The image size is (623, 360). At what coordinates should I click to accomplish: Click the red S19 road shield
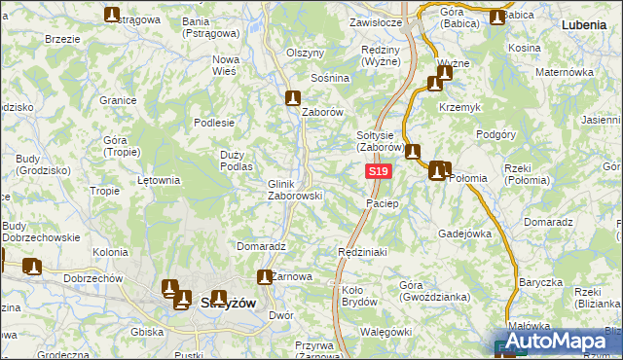click(x=380, y=171)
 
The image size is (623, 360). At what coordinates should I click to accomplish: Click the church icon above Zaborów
click(x=293, y=97)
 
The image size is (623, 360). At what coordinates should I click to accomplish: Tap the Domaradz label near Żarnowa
click(x=260, y=246)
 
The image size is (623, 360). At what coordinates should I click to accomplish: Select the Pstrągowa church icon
click(x=112, y=15)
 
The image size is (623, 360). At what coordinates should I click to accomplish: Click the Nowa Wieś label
click(x=226, y=64)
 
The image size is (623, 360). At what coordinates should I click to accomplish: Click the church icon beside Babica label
click(x=498, y=17)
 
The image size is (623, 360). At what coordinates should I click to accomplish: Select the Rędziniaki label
click(x=362, y=252)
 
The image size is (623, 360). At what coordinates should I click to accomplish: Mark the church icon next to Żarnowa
click(x=263, y=276)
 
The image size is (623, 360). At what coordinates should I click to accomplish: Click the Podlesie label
click(x=214, y=123)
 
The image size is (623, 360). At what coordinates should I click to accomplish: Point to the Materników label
click(x=564, y=72)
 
